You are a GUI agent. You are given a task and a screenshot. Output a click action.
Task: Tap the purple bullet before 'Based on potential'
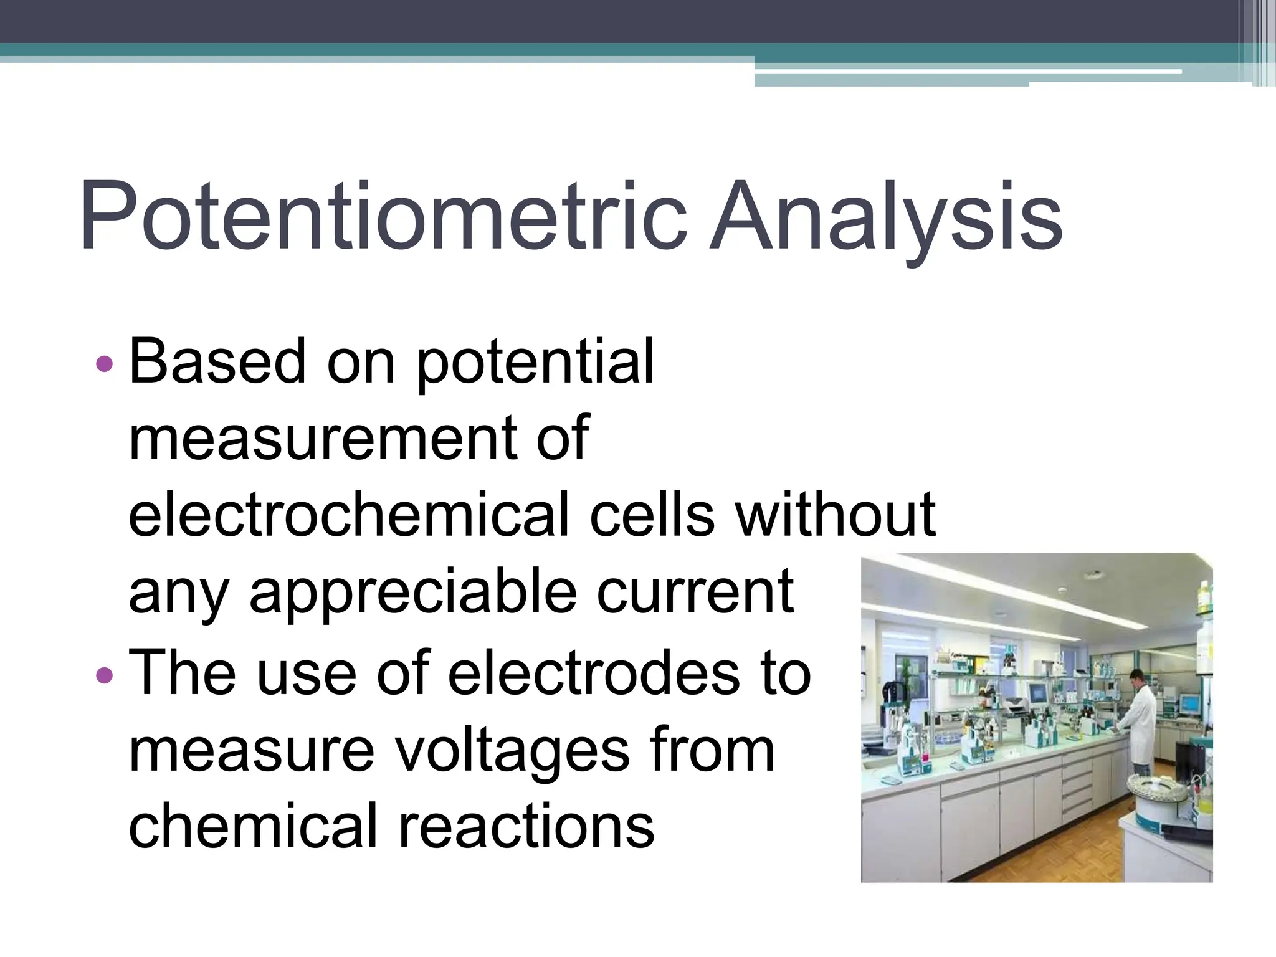click(105, 363)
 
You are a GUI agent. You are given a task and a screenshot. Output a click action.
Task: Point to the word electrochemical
click(349, 515)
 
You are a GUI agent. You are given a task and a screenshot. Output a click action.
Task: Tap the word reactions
click(526, 827)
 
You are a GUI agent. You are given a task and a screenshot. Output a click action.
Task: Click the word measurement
click(321, 438)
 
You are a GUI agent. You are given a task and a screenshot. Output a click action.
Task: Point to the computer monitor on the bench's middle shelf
click(1037, 693)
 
